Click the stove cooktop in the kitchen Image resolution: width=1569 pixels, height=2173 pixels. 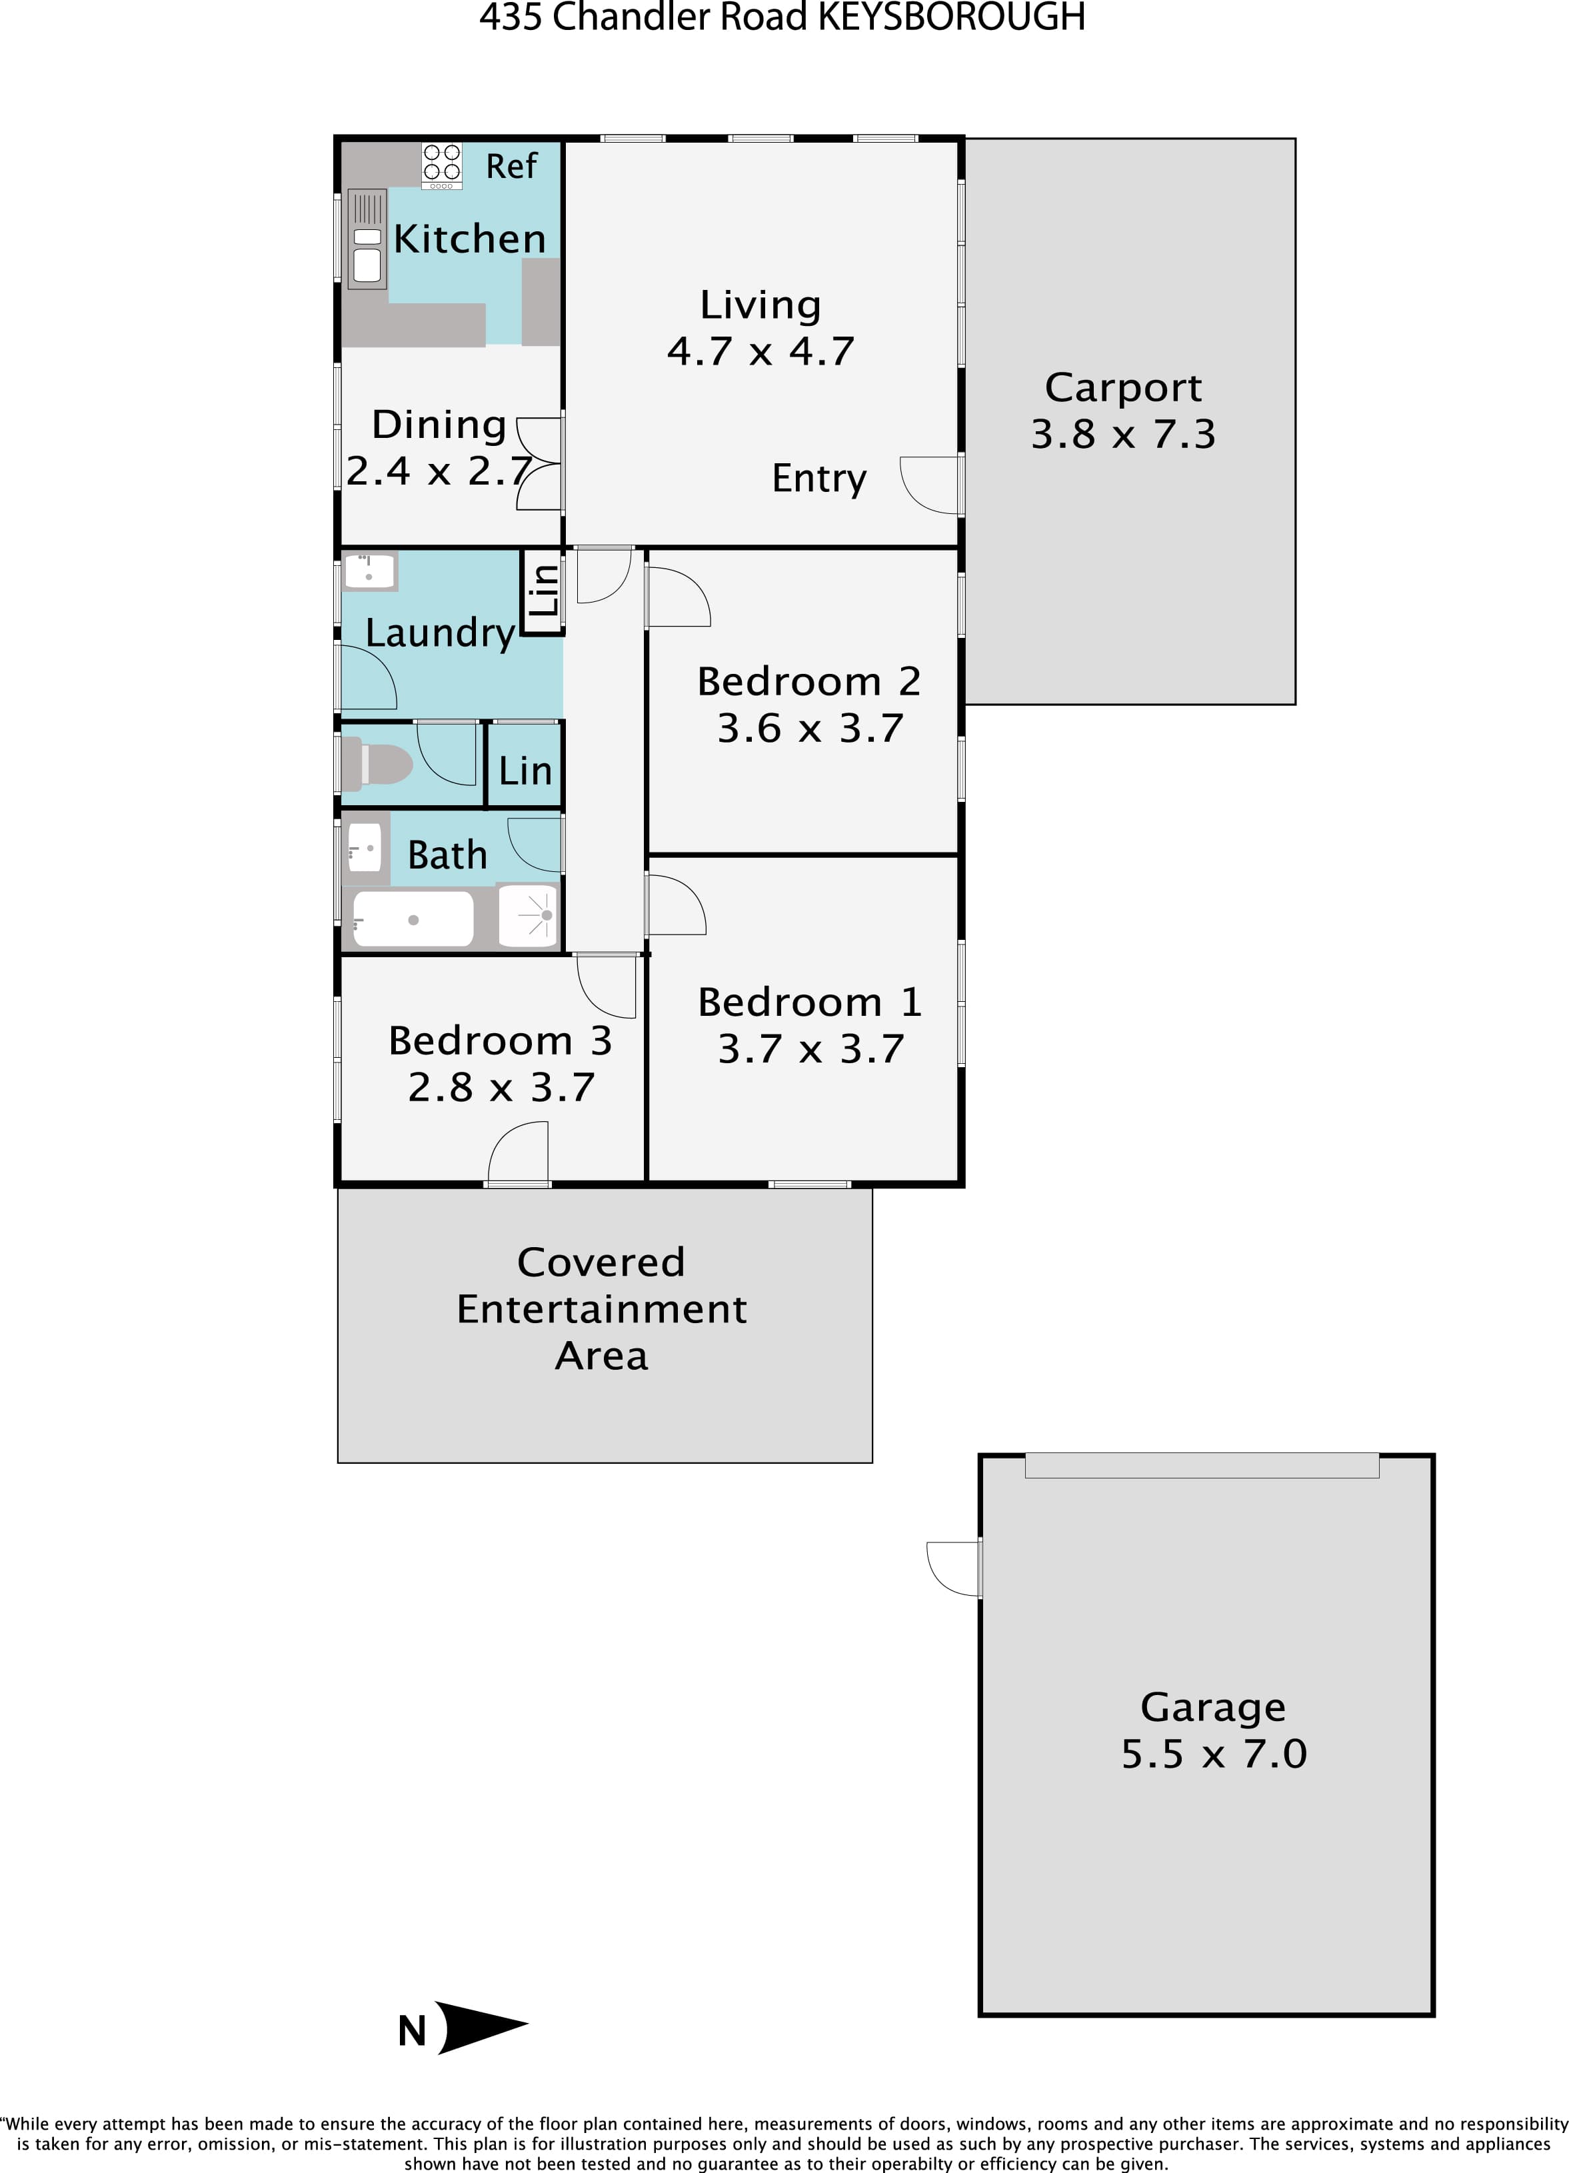point(442,165)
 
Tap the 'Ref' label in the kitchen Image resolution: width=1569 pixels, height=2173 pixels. point(511,167)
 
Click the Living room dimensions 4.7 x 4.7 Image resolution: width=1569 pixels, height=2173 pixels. point(761,352)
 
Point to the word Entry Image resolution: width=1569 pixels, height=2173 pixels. point(819,478)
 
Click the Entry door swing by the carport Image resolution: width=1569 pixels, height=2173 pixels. point(930,485)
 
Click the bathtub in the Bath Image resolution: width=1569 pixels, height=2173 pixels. point(413,919)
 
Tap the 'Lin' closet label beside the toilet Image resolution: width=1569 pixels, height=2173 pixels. point(525,771)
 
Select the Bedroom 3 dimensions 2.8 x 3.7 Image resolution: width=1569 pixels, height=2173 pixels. point(501,1087)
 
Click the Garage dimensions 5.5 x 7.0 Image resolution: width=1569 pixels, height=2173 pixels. point(1214,1753)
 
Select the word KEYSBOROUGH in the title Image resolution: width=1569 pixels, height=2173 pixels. point(951,17)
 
